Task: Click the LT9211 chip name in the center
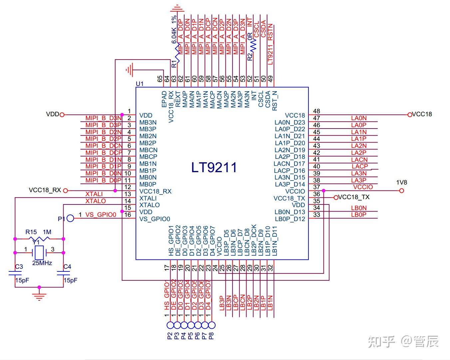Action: coord(214,167)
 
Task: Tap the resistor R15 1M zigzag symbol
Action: coord(39,239)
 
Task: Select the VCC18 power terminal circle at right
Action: coord(409,115)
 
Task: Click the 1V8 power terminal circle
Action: coord(402,190)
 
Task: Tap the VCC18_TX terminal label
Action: coord(354,197)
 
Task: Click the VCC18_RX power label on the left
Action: coord(45,190)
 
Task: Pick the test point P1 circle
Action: coord(70,218)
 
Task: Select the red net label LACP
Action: coord(359,166)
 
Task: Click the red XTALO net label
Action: coord(96,201)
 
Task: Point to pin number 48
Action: coord(316,111)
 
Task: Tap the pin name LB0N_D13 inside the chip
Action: coord(289,212)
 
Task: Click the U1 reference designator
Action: coord(140,84)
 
